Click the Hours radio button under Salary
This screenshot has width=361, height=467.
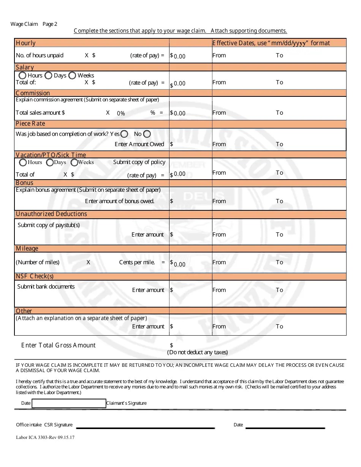22,76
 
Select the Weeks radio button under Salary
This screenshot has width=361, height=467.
72,76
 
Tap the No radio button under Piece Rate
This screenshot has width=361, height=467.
147,134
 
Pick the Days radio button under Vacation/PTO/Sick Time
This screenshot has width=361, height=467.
50,163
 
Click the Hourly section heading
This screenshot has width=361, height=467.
25,43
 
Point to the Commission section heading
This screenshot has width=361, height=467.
33,93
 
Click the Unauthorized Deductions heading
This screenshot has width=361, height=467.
51,214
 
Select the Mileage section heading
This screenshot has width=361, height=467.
27,249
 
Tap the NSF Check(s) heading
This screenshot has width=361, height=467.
35,276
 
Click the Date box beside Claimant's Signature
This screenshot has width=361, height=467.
69,403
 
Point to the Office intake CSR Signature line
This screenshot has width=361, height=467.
146,428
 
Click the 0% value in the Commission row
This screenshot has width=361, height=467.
121,113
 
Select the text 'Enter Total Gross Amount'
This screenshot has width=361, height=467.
59,345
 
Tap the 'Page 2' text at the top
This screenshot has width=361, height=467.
50,24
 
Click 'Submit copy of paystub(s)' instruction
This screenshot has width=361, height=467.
49,225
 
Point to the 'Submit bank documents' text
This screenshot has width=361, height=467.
46,287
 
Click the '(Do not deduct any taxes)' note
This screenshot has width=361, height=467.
198,352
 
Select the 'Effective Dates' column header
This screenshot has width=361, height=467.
271,43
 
